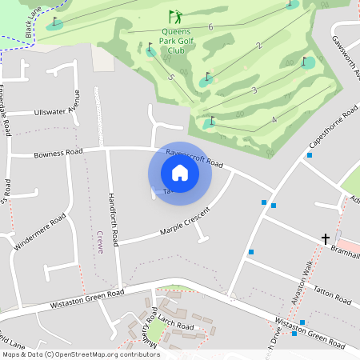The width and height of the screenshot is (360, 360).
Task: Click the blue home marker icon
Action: tap(180, 172)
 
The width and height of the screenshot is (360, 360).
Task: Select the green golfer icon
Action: tap(175, 16)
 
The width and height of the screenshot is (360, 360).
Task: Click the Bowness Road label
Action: tap(58, 152)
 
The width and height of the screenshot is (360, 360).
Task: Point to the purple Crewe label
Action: tap(100, 241)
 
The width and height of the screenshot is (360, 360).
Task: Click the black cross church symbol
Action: tap(326, 238)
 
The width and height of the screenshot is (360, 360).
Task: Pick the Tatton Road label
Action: tap(332, 296)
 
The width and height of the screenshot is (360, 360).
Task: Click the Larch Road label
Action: tap(176, 326)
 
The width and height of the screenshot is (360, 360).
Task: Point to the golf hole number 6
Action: tap(210, 27)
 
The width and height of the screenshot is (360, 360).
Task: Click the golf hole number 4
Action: tap(274, 120)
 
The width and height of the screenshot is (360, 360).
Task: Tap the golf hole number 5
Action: tap(171, 78)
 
